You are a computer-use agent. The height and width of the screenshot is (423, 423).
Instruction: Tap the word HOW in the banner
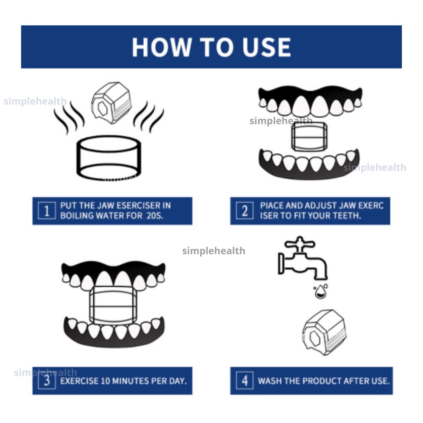click(162, 47)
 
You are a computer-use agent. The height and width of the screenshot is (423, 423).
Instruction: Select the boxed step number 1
click(47, 211)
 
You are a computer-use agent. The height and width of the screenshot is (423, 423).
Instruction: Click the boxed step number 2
click(245, 211)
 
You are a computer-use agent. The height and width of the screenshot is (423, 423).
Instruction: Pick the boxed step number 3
click(47, 380)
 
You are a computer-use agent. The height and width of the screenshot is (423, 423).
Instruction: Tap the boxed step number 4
click(245, 380)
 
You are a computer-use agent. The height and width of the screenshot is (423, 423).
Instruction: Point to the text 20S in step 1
click(155, 216)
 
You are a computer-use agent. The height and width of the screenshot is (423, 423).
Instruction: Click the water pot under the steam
click(109, 158)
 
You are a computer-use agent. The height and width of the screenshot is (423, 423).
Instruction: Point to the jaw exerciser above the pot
click(112, 103)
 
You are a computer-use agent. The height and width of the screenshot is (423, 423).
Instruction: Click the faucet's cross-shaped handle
click(300, 244)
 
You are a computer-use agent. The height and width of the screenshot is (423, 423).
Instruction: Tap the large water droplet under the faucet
click(321, 292)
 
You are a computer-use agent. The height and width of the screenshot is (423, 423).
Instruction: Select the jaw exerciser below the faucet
click(324, 332)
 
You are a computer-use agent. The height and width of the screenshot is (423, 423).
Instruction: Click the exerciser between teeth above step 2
click(309, 136)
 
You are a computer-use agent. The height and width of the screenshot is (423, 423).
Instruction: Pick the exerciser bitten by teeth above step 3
click(113, 305)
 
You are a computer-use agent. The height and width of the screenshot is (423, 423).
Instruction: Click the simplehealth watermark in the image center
click(214, 251)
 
